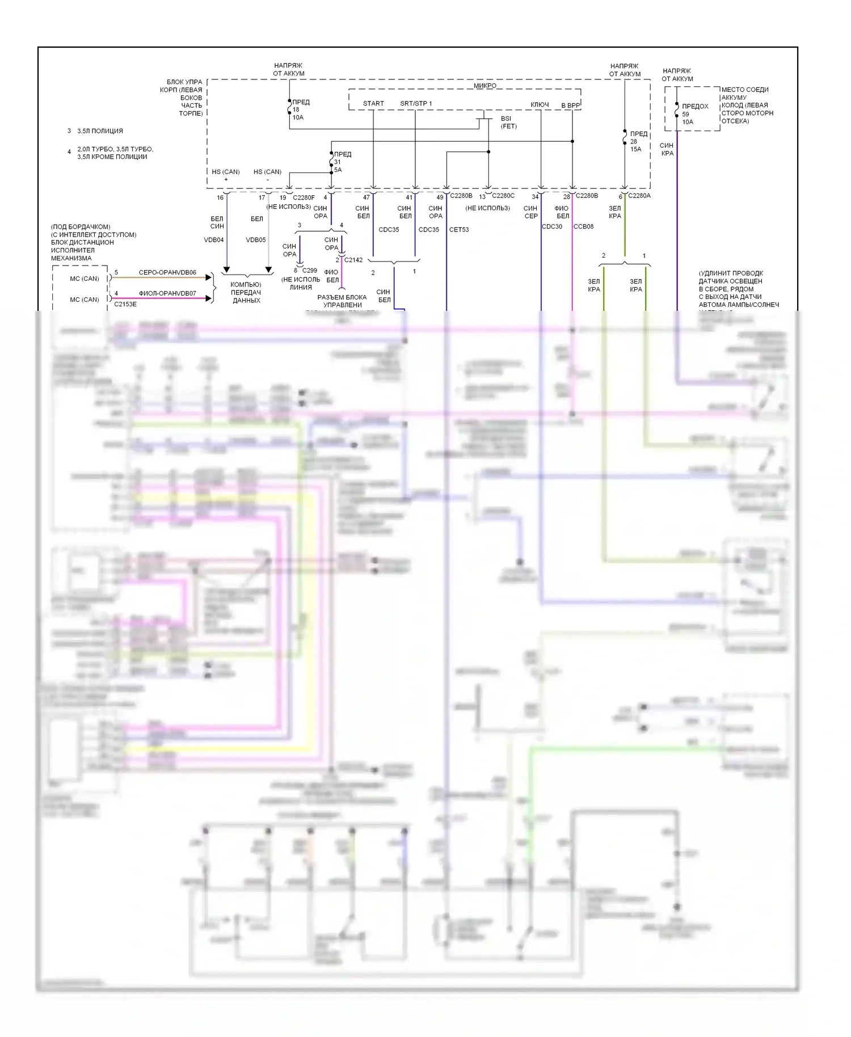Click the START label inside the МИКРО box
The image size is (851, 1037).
click(x=373, y=103)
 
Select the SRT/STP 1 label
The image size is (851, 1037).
click(x=416, y=103)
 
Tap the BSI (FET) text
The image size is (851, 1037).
click(x=508, y=123)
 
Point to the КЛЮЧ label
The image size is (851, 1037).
click(x=540, y=104)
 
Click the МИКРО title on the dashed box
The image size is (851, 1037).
click(x=485, y=86)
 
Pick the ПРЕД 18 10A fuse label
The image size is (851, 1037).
click(x=300, y=109)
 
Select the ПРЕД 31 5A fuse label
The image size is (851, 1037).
click(x=342, y=162)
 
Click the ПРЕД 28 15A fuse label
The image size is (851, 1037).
click(x=638, y=141)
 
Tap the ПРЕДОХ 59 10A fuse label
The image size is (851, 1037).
click(x=694, y=114)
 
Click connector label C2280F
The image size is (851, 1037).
click(x=304, y=197)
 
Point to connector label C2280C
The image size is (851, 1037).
click(x=503, y=196)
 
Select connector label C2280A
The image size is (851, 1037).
click(x=639, y=196)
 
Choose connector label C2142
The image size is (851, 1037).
click(x=353, y=260)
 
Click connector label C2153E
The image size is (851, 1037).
click(x=125, y=304)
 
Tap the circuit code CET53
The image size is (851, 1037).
click(x=459, y=230)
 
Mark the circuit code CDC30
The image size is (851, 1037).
click(x=552, y=226)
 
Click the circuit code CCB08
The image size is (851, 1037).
click(x=584, y=226)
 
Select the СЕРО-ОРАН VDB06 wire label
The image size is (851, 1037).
click(x=167, y=272)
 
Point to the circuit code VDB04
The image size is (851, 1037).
click(x=214, y=240)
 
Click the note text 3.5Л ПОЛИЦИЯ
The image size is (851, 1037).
click(x=100, y=131)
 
